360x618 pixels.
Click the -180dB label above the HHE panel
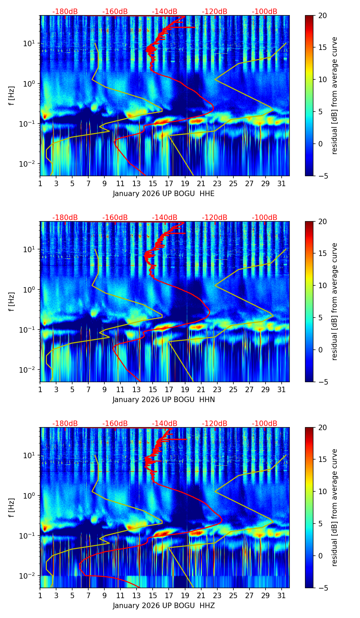[x=65, y=12]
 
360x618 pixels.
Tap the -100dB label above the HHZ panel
[x=265, y=424]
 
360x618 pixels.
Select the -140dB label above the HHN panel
[x=165, y=218]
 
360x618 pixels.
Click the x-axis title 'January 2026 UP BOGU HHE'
[x=164, y=194]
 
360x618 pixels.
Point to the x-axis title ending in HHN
[x=164, y=400]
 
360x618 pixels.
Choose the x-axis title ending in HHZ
[x=164, y=606]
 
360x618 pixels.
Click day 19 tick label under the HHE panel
[x=185, y=184]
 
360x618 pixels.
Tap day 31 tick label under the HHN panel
[x=282, y=390]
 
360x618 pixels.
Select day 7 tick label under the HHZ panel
[x=88, y=596]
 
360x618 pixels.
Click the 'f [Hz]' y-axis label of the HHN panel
[x=12, y=301]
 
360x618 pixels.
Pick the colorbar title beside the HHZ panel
[x=335, y=507]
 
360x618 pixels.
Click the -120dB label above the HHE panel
[x=215, y=12]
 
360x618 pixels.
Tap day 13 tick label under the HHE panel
[x=137, y=184]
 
